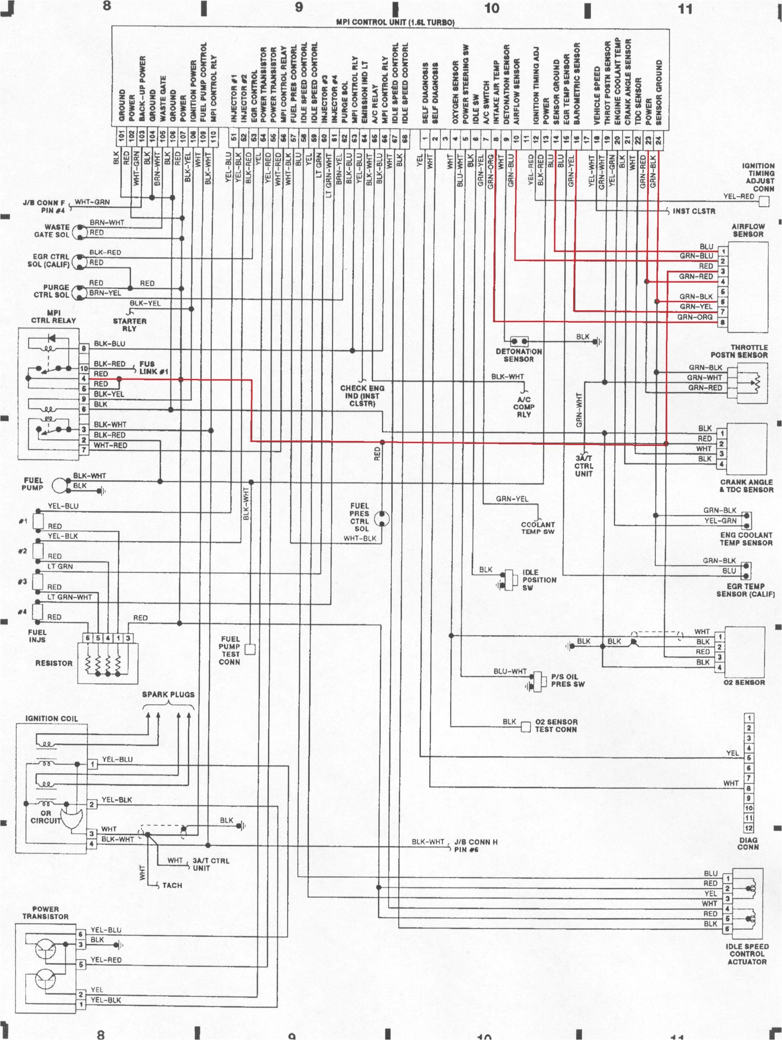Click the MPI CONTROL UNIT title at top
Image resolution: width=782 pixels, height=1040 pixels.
click(x=395, y=22)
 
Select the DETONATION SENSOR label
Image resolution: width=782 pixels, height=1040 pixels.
click(x=518, y=355)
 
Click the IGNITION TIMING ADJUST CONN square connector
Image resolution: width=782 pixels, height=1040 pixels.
click(x=764, y=202)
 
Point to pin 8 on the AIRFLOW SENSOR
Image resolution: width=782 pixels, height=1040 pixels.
click(x=722, y=322)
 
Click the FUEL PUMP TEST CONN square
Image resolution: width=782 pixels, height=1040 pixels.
click(x=250, y=649)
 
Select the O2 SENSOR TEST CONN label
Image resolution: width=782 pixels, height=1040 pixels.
click(x=556, y=726)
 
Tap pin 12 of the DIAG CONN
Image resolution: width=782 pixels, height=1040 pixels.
click(x=748, y=828)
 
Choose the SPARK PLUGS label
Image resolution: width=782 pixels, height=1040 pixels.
click(x=168, y=695)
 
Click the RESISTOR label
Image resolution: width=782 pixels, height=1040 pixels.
click(x=54, y=663)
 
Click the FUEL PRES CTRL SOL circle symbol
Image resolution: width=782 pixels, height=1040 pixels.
click(x=382, y=519)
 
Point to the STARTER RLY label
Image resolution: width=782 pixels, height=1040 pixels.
click(x=130, y=324)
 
